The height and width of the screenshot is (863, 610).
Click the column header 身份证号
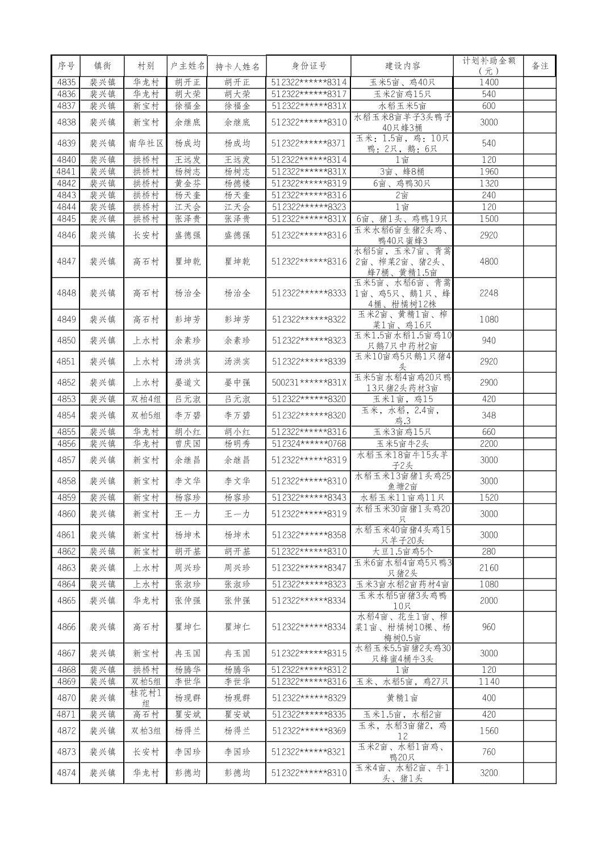(x=308, y=66)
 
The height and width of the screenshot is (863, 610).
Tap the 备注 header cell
(x=539, y=66)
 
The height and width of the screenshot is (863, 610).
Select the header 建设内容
(x=402, y=66)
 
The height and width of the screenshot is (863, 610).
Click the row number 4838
(x=66, y=122)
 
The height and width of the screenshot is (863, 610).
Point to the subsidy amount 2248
(x=488, y=293)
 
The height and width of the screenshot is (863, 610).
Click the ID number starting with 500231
(x=308, y=382)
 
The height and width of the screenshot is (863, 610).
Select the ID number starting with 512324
(x=308, y=443)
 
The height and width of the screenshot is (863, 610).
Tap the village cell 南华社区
(x=145, y=143)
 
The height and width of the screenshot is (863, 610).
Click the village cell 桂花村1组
(x=145, y=698)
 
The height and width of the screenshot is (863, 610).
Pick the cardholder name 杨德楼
(x=236, y=183)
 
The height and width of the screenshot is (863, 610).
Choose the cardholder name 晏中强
(x=236, y=382)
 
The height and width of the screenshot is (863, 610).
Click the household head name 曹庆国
(x=187, y=443)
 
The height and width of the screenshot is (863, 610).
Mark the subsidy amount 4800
(x=488, y=261)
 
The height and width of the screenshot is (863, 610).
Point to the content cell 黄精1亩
(x=402, y=698)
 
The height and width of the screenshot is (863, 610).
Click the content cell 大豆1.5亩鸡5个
(x=402, y=551)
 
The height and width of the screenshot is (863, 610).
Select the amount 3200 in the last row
(x=488, y=773)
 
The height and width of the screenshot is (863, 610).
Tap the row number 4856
(x=66, y=443)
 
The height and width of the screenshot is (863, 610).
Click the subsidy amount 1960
(x=488, y=171)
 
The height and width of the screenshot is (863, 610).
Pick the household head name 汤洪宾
(x=187, y=361)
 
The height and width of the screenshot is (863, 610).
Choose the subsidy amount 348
(x=488, y=415)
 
